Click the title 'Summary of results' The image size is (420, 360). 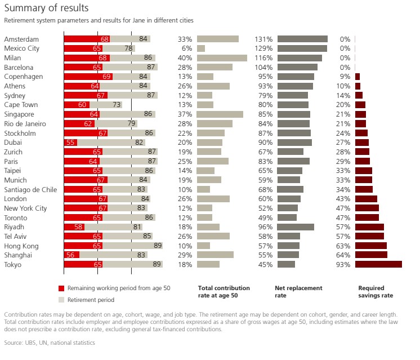pos(46,8)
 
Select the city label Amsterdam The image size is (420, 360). pos(21,39)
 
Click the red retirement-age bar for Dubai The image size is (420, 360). pos(70,143)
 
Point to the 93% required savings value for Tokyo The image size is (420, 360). pos(342,265)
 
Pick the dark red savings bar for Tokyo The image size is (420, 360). pos(378,265)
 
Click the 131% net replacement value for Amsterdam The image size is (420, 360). pos(263,39)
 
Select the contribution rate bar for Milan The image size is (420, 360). pos(222,58)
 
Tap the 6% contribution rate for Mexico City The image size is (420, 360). pos(187,48)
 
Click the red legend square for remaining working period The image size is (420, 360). pos(61,288)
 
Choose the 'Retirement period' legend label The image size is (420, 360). pos(90,300)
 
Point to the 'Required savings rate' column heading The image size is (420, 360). pos(376,292)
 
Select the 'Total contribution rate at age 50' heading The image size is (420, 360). pos(224,292)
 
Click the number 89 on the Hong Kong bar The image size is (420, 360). pos(158,246)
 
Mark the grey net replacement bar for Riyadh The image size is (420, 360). pos(296,227)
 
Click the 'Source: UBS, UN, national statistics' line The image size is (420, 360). pos(50,343)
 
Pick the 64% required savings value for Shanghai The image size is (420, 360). pos(342,255)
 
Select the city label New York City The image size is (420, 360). pos(25,208)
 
